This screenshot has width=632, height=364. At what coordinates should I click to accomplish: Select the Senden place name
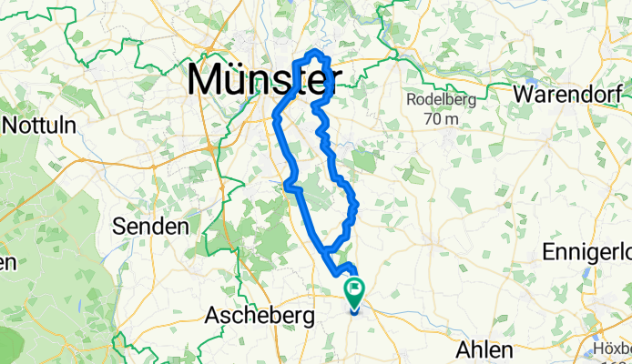point(149,225)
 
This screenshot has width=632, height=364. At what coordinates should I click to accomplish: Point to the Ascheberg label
point(260,316)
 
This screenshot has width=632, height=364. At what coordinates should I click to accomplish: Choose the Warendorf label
point(572,94)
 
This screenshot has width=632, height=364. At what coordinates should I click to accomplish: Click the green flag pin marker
point(353,290)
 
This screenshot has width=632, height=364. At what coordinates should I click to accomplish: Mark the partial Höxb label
point(612,349)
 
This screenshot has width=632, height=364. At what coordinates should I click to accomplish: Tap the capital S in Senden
point(119,225)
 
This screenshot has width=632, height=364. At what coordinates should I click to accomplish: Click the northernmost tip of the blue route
point(317,53)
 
